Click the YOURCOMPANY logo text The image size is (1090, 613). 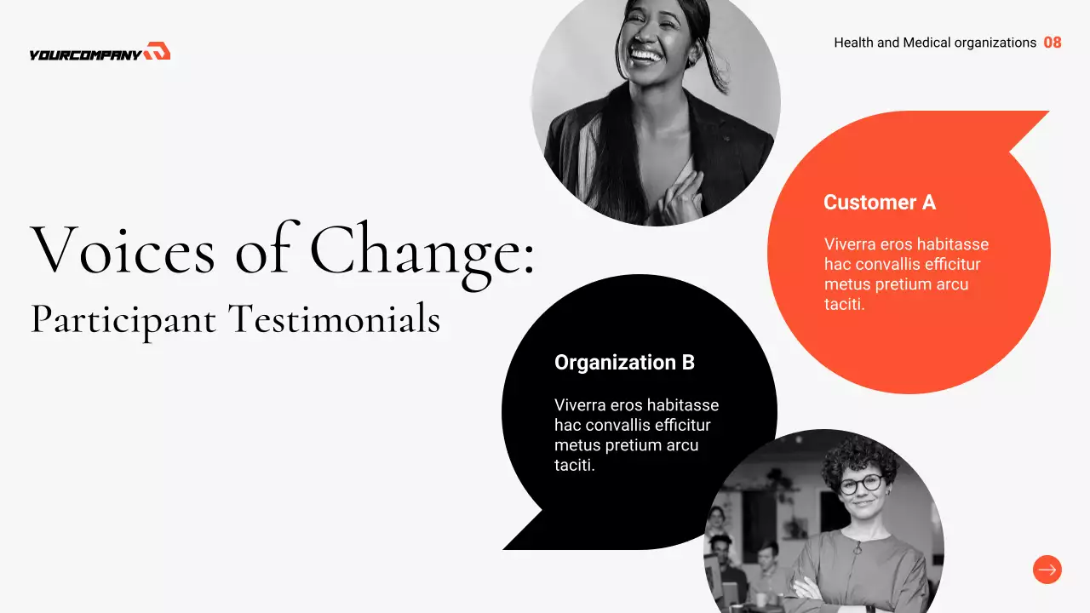(x=84, y=54)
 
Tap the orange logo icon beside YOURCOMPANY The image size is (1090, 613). (x=158, y=52)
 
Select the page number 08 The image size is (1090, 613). (x=1053, y=43)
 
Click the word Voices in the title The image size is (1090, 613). (x=123, y=249)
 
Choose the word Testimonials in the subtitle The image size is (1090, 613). (x=334, y=319)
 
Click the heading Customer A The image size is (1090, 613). (x=879, y=203)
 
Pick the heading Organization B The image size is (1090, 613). (x=624, y=363)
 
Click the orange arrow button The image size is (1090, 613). (x=1047, y=570)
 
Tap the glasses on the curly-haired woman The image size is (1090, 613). (x=860, y=484)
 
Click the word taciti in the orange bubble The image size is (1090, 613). (x=844, y=304)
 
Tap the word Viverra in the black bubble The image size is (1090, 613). (x=581, y=405)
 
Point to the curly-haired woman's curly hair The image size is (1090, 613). (x=859, y=456)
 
